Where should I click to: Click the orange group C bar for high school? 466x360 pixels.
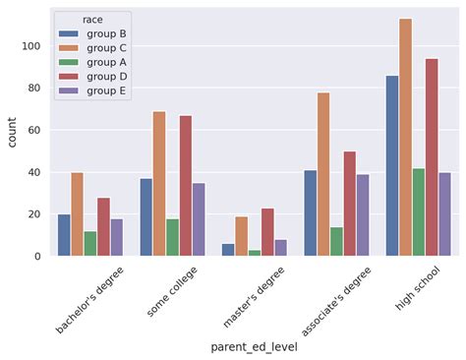pyautogui.click(x=405, y=138)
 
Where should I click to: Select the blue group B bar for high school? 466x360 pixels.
pyautogui.click(x=392, y=166)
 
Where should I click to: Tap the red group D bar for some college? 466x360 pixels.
pyautogui.click(x=185, y=186)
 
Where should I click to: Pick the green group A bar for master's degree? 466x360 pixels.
pyautogui.click(x=255, y=253)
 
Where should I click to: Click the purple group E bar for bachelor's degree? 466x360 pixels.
pyautogui.click(x=116, y=237)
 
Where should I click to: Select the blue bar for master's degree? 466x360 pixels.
pyautogui.click(x=228, y=250)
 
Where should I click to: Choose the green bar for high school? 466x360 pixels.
pyautogui.click(x=419, y=211)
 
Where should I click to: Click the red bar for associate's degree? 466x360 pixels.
pyautogui.click(x=350, y=204)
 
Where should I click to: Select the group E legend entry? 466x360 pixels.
pyautogui.click(x=103, y=90)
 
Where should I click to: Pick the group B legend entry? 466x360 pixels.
pyautogui.click(x=103, y=32)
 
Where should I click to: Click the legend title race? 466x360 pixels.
pyautogui.click(x=91, y=18)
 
